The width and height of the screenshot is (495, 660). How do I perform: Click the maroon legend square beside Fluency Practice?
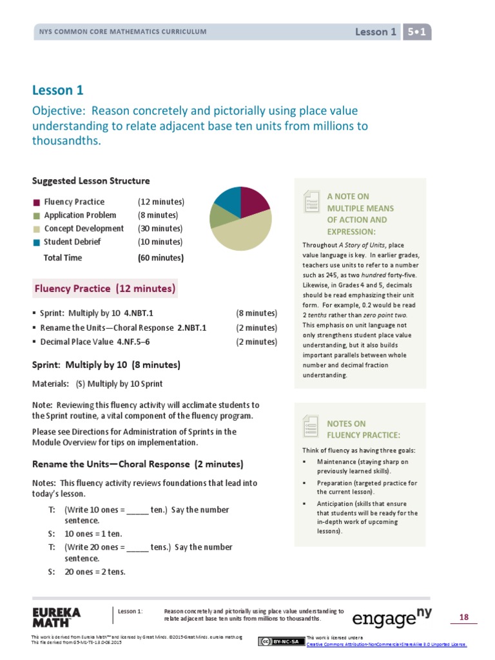[x=37, y=202]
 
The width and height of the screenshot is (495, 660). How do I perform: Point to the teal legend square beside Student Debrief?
[x=37, y=242]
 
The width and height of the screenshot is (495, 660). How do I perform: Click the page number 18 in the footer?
[x=463, y=617]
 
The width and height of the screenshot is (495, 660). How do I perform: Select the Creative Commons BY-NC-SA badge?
[x=281, y=641]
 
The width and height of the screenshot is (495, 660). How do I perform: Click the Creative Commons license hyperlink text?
[x=386, y=644]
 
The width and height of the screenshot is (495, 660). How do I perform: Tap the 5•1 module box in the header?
[x=417, y=32]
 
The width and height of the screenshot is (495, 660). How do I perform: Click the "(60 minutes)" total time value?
[x=160, y=258]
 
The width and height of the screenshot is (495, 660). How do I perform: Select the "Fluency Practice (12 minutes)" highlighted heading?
[x=105, y=289]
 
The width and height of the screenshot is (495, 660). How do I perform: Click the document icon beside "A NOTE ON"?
[x=311, y=202]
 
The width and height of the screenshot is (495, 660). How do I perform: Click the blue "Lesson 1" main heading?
[x=58, y=90]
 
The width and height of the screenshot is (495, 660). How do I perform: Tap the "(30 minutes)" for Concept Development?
[x=160, y=229]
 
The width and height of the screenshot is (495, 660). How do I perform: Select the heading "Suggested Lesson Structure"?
[x=91, y=181]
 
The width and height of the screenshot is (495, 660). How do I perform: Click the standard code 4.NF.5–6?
[x=133, y=342]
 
